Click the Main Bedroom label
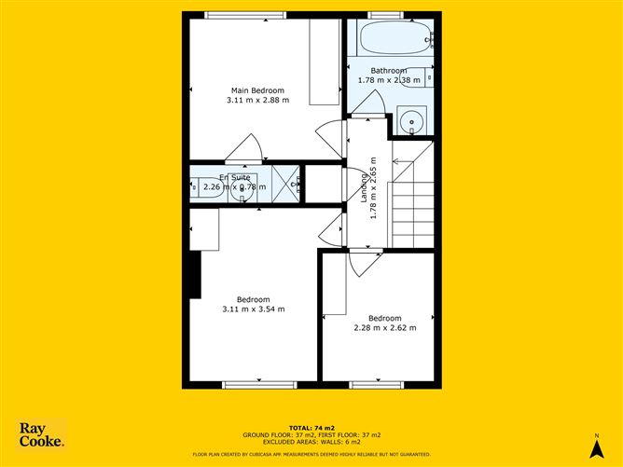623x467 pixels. point(256,90)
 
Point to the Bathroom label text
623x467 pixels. point(389,71)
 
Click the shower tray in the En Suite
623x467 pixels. point(285,182)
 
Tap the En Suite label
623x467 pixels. point(235,177)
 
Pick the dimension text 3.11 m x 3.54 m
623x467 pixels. point(254,309)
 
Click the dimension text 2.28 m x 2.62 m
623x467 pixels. point(385,327)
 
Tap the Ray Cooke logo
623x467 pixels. point(42,435)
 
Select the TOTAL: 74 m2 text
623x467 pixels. point(311,426)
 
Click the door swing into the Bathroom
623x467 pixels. point(368,103)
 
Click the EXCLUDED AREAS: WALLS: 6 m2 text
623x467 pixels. point(311,442)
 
